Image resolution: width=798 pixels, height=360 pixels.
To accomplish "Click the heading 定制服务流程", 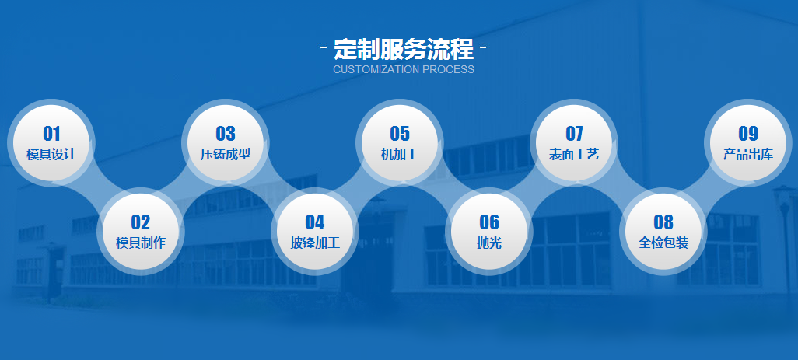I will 403,49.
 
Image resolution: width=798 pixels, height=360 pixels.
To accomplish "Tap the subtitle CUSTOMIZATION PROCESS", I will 403,69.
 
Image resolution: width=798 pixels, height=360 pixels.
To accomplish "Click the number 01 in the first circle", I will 51,134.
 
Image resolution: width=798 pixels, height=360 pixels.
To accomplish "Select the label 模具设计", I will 51,154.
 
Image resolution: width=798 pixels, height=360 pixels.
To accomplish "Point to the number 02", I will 141,223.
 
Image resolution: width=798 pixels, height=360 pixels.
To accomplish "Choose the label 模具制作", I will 141,243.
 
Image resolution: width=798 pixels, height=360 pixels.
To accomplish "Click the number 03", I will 226,134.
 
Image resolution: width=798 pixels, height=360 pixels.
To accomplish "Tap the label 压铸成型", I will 226,154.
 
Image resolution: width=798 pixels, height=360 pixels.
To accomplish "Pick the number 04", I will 315,223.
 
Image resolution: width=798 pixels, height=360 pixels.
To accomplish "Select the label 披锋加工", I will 315,243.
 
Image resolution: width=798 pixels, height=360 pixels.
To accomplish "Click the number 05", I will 400,134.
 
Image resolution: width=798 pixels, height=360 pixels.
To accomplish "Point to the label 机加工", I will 400,154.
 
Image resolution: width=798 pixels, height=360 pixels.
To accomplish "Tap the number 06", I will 489,223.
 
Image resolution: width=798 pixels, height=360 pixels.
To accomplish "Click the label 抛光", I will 489,243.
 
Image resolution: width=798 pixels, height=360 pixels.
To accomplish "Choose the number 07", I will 574,134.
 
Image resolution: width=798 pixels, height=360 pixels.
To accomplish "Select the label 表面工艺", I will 574,154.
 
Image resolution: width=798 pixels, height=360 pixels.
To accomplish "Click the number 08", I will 663,223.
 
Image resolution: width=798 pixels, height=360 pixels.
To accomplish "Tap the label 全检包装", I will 663,243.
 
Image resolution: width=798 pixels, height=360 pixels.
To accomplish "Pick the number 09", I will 748,134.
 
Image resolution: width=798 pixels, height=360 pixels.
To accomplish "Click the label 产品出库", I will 748,154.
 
